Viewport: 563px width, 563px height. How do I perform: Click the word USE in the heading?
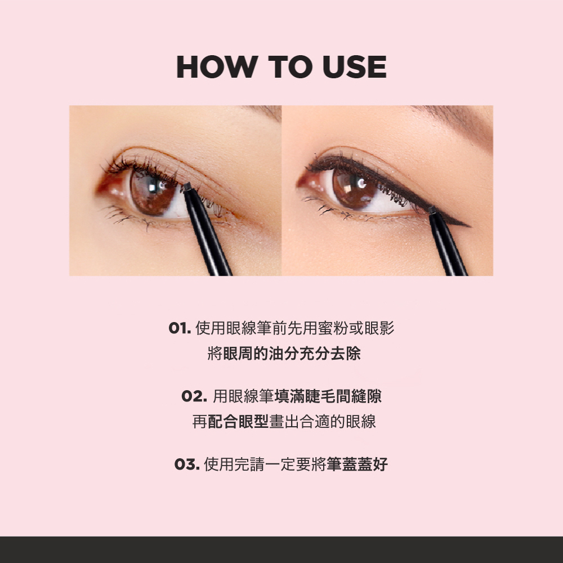coord(355,67)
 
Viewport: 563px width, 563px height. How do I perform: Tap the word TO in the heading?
coord(290,67)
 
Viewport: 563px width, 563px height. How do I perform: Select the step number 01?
coord(180,328)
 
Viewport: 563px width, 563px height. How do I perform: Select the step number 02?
coord(194,396)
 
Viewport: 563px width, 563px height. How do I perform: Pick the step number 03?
coord(187,464)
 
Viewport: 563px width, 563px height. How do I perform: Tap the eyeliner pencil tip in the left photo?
coord(187,187)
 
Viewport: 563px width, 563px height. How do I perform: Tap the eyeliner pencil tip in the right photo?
coord(432,210)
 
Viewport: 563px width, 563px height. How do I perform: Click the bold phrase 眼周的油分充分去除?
coord(292,354)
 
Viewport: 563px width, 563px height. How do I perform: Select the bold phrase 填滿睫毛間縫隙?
coord(328,396)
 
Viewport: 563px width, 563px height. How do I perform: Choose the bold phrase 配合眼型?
coord(238,422)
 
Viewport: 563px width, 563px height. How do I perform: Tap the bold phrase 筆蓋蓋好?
coord(358,464)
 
